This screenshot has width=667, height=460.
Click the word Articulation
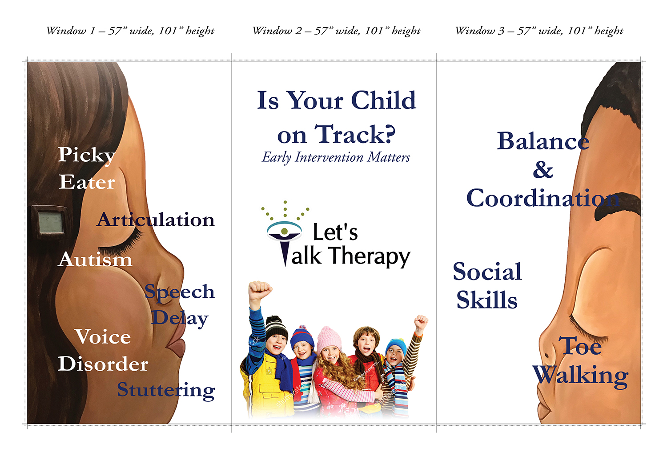click(x=156, y=220)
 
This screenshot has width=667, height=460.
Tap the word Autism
click(x=95, y=259)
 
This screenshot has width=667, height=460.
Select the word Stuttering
click(x=166, y=390)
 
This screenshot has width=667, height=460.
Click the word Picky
click(x=87, y=156)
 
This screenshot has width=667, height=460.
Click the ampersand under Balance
click(x=543, y=170)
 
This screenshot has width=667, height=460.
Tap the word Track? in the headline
click(x=355, y=134)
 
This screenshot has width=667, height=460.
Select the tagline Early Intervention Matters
click(x=336, y=157)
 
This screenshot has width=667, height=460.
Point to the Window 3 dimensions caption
click(x=539, y=31)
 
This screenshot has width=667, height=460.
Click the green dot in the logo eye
click(x=285, y=231)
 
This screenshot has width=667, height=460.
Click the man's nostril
click(x=547, y=355)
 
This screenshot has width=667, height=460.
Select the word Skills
click(x=487, y=299)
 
